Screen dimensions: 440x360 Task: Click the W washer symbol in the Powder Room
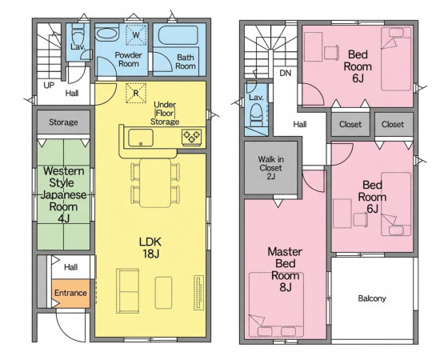[136, 34]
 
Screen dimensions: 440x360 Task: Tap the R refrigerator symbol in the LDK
[136, 93]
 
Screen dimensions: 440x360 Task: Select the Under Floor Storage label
[165, 113]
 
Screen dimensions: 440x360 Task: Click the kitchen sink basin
[141, 138]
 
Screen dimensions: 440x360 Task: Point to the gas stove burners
[192, 136]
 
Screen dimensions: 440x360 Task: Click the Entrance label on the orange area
[70, 293]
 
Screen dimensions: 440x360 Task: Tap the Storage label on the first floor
[63, 122]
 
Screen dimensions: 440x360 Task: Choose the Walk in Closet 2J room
[270, 168]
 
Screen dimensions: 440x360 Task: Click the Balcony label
[372, 298]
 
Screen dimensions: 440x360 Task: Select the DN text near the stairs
[286, 73]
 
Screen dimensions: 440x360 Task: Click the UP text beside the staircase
[49, 86]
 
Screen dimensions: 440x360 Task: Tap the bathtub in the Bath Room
[178, 36]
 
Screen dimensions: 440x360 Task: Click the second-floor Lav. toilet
[256, 114]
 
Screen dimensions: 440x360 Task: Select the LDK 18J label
[150, 247]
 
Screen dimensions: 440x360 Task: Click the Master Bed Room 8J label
[285, 270]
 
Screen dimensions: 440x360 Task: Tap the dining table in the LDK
[155, 183]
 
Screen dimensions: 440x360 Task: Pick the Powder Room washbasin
[107, 35]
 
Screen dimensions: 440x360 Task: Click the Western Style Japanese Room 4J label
[64, 194]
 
